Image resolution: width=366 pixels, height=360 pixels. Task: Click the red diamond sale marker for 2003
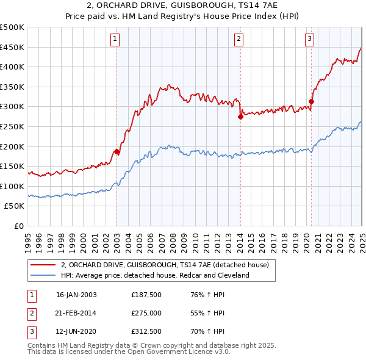click(x=117, y=151)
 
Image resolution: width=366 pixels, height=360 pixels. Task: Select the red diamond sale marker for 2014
click(x=240, y=117)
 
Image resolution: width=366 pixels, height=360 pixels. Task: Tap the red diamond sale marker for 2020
click(x=311, y=102)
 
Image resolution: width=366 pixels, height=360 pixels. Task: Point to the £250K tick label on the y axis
click(x=13, y=126)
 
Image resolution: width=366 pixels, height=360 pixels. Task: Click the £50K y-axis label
click(x=15, y=206)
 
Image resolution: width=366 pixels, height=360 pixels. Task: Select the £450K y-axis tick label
click(x=13, y=47)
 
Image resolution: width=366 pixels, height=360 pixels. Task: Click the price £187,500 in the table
click(x=146, y=295)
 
